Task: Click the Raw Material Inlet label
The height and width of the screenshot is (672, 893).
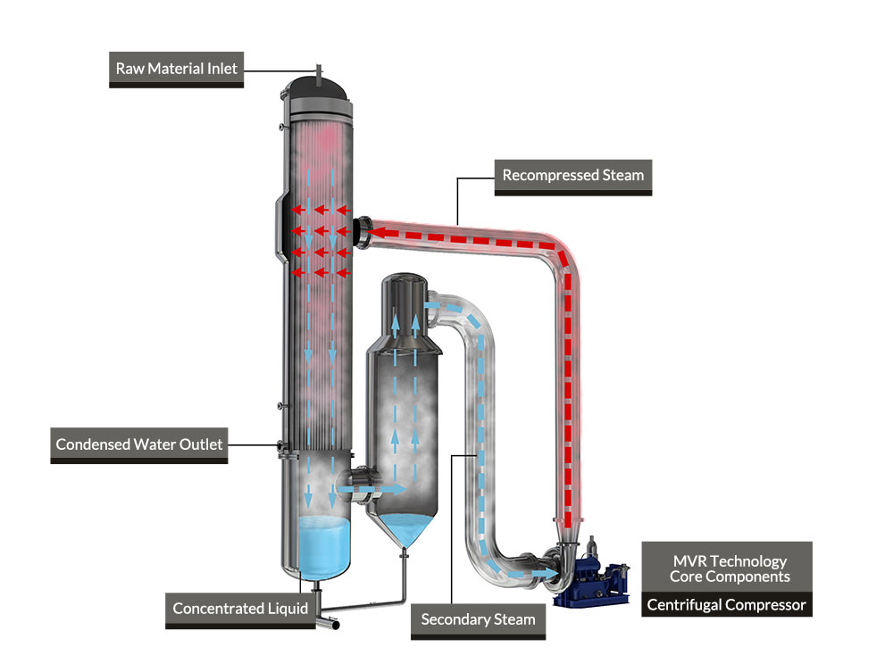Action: [x=177, y=69]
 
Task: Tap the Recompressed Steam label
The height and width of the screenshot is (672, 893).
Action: [x=572, y=175]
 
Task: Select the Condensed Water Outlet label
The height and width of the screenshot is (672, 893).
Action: [x=139, y=444]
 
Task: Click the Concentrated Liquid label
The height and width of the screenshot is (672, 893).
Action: [x=240, y=609]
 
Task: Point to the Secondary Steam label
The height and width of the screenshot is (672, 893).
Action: [x=478, y=618]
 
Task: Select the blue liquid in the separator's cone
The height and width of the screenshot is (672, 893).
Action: [x=406, y=531]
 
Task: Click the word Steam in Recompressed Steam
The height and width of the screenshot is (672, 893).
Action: [x=623, y=175]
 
